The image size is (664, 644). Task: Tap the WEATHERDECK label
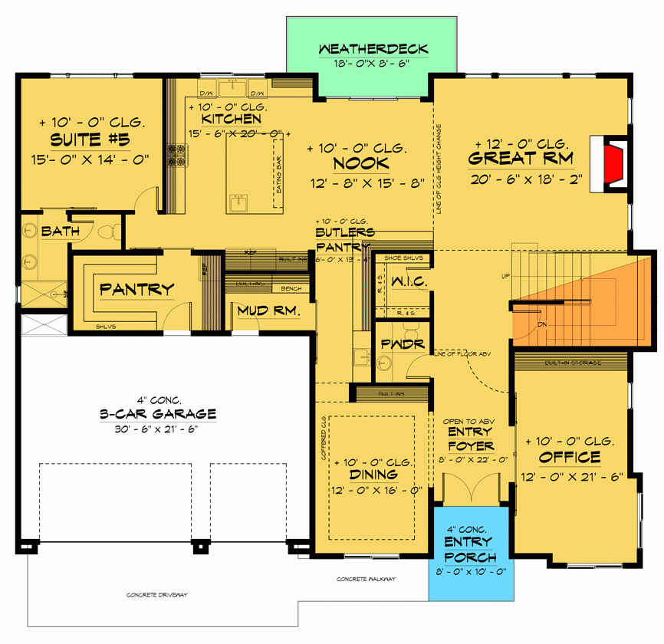373,49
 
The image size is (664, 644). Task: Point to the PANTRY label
137,289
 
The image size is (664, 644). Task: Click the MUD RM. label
266,311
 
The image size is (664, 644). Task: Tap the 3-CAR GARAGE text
157,414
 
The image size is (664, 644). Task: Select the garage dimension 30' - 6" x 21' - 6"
157,429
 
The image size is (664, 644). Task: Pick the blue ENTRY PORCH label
471,550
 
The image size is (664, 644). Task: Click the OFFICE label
569,458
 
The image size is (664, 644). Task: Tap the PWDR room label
403,343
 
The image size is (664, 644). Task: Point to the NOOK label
360,163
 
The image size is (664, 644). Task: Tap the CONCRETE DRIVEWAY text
157,595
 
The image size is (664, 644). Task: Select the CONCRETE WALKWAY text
366,579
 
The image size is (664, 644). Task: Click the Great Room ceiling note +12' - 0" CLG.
521,144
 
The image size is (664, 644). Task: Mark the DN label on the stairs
542,324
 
